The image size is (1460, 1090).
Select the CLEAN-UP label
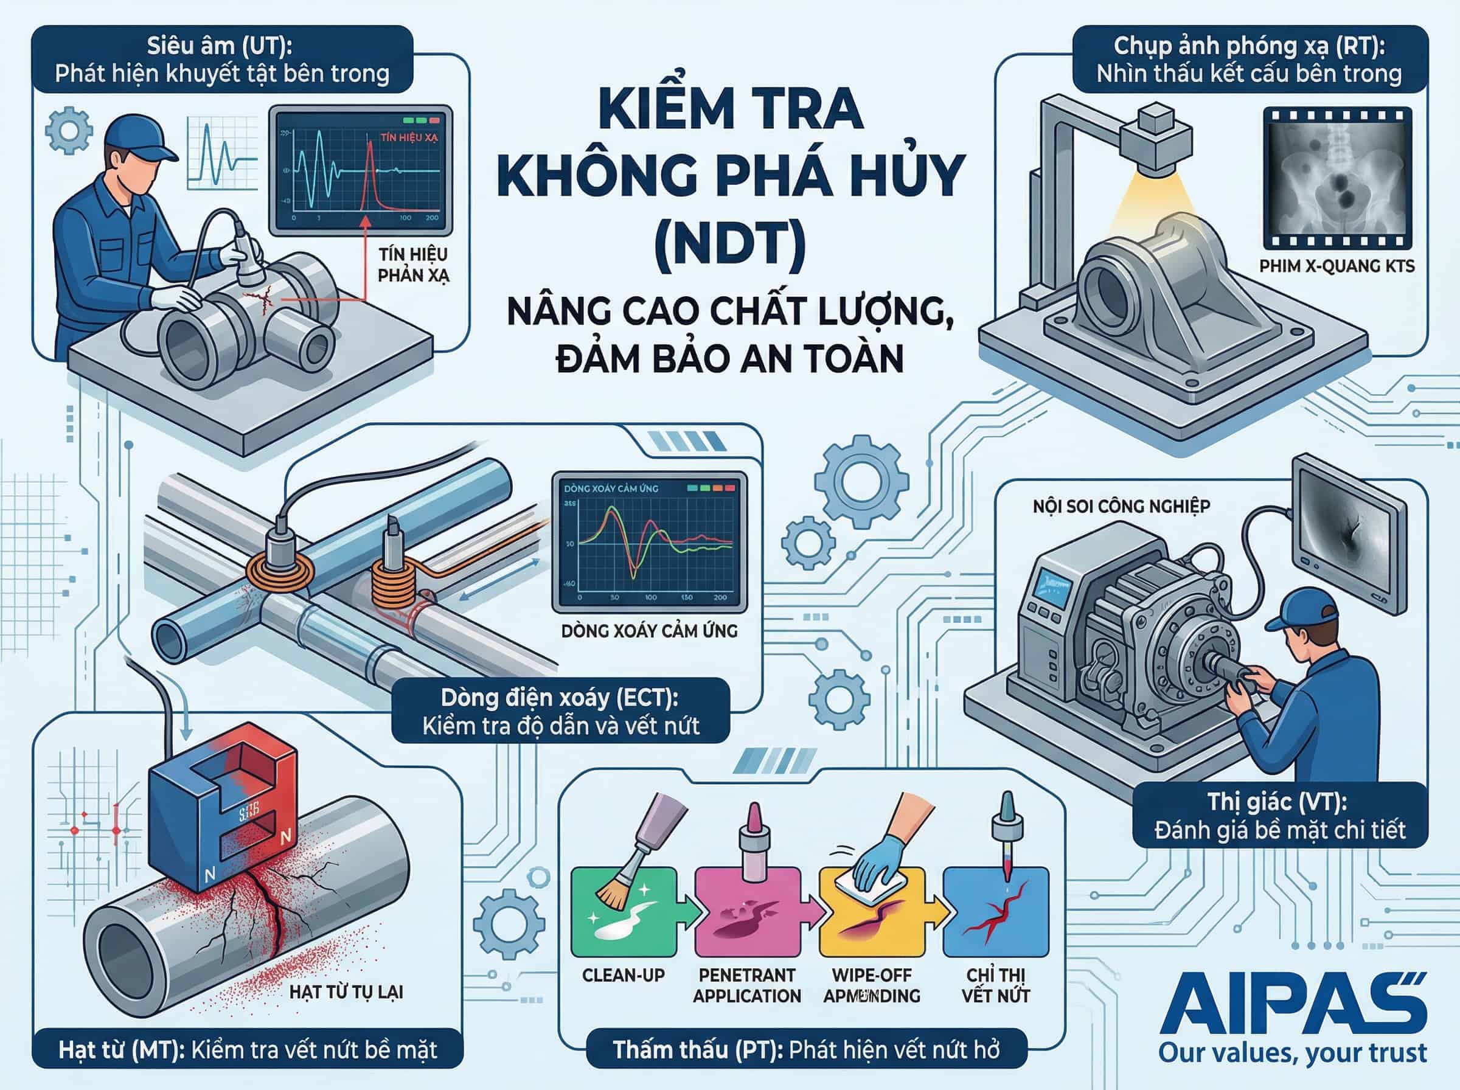coord(623,974)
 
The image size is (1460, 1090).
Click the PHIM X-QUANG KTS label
coord(1337,266)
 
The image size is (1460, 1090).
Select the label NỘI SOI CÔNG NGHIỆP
coord(1121,506)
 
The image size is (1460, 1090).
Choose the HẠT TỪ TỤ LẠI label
coord(346,991)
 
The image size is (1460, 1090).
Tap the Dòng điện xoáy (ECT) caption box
coord(560,711)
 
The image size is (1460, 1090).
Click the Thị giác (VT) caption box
coord(1279,815)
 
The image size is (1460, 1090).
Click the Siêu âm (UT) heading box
coord(221,60)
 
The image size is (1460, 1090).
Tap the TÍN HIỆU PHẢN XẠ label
coord(413,265)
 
